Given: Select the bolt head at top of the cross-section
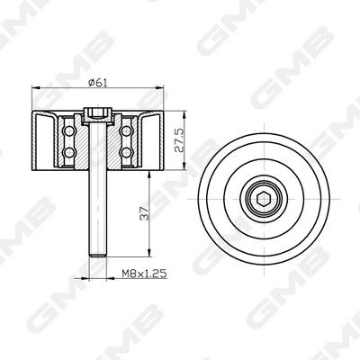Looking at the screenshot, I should [100, 113].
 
